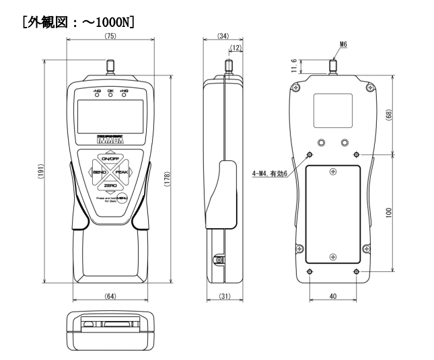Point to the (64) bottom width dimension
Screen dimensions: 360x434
pyautogui.click(x=110, y=296)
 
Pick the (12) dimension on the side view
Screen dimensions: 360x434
pyautogui.click(x=236, y=48)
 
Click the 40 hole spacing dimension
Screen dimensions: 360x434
pyautogui.click(x=332, y=297)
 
